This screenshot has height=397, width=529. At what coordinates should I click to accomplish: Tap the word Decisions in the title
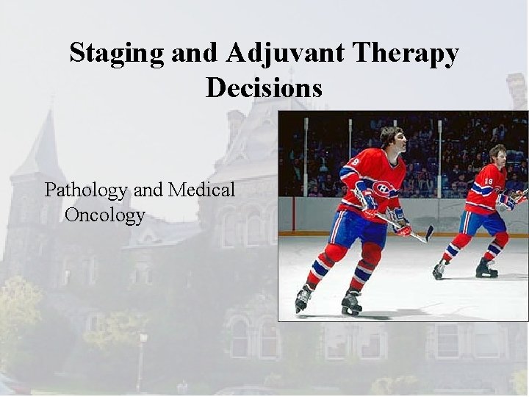(x=264, y=88)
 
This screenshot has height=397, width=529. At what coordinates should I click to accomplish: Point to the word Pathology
(x=87, y=190)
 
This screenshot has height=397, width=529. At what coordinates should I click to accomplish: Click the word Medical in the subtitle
(x=201, y=190)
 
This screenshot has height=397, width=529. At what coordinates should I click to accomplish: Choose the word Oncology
(x=105, y=215)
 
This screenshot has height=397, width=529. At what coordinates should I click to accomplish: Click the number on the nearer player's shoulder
(x=356, y=162)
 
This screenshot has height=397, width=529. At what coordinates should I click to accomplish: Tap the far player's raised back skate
(x=439, y=271)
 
